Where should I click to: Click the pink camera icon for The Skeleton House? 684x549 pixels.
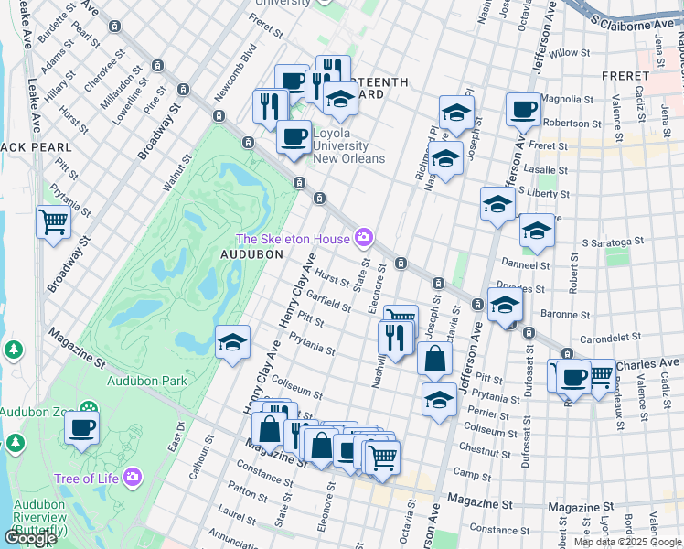click(x=365, y=239)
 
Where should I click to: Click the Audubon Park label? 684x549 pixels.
click(x=146, y=381)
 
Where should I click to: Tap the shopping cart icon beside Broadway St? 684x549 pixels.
click(x=54, y=221)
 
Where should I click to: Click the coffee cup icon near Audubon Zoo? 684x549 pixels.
click(x=81, y=427)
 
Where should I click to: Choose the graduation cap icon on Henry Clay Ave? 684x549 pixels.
click(x=233, y=343)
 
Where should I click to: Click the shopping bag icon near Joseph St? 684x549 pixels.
click(x=435, y=358)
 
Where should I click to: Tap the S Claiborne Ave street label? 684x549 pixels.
click(x=632, y=18)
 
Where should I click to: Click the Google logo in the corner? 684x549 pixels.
click(x=30, y=538)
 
